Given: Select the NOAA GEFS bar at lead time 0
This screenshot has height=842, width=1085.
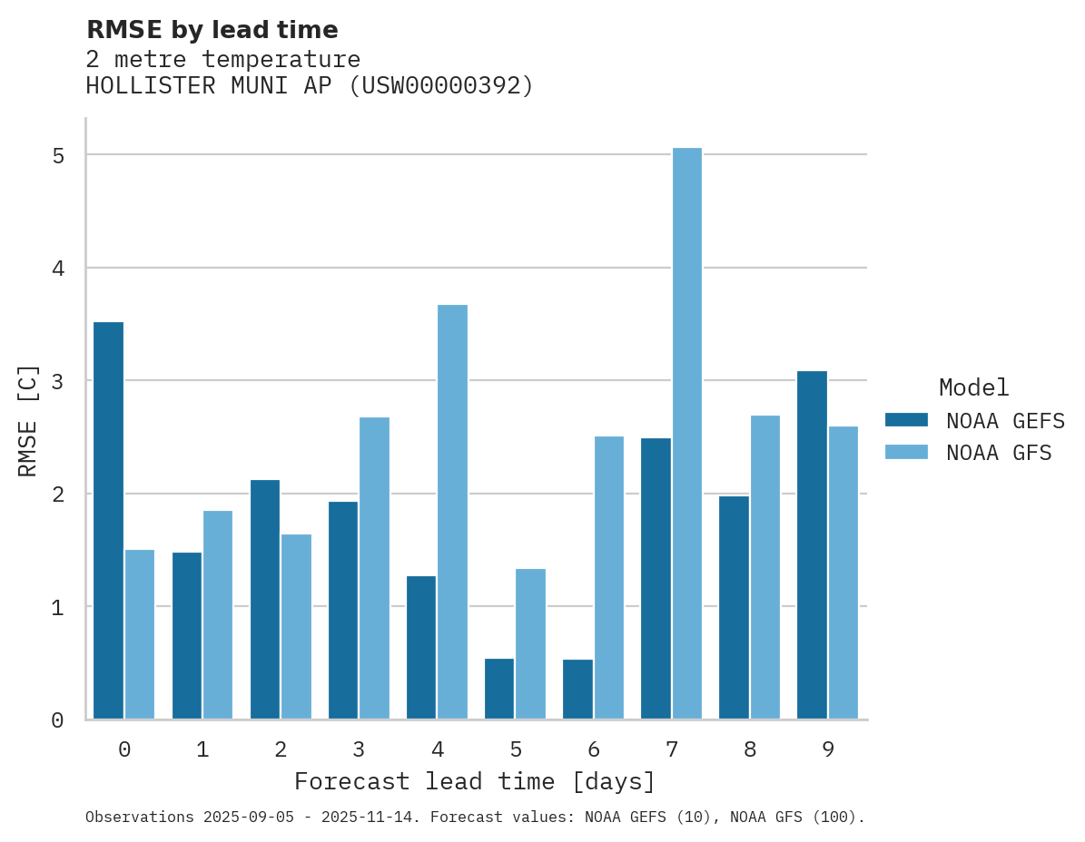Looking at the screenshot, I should tap(108, 521).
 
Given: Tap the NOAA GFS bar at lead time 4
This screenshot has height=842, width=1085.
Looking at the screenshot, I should tap(452, 512).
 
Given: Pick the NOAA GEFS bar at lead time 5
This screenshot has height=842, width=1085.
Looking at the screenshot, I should tap(499, 689).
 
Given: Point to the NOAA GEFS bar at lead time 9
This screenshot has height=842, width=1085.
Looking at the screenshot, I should tap(812, 544).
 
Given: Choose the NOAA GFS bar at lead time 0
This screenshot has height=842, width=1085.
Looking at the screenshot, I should tap(140, 634).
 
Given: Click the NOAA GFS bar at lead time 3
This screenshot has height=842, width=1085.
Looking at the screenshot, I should tap(374, 568).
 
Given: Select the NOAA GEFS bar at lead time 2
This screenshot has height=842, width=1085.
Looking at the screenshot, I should tap(265, 599).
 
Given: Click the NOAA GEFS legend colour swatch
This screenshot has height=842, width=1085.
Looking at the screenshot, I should tap(906, 420).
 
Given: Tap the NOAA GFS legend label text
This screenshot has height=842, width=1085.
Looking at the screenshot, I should tap(999, 453).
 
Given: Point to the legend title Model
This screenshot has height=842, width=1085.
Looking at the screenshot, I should tap(973, 387).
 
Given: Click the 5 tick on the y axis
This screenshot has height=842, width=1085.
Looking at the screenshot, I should tap(58, 156).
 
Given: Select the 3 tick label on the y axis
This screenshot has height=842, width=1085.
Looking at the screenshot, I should tap(58, 381).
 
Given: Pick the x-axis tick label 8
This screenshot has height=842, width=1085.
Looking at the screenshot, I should tap(749, 749).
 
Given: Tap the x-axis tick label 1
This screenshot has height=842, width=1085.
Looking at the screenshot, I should tap(202, 749).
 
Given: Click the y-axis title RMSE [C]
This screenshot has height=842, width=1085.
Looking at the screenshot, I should tap(28, 419).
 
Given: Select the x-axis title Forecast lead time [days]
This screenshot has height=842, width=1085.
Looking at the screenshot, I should tap(474, 781).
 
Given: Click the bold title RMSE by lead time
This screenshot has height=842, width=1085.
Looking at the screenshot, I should tap(212, 30).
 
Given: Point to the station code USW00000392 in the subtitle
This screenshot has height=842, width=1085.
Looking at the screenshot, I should tap(439, 86).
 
